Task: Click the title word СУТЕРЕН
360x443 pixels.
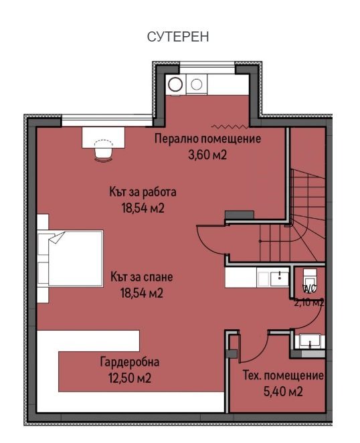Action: (178, 37)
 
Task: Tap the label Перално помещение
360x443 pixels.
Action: (207, 139)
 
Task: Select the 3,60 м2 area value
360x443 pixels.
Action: (207, 155)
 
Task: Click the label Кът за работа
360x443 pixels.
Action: (143, 192)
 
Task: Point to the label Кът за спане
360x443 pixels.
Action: (142, 277)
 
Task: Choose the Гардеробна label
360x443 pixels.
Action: (130, 362)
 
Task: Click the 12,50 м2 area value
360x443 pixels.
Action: (130, 378)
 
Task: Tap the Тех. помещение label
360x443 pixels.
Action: (284, 375)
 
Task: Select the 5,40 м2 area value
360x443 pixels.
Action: (283, 392)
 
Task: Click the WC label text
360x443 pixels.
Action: (309, 288)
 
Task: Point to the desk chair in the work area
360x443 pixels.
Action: (103, 151)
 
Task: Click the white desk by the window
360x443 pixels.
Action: (104, 137)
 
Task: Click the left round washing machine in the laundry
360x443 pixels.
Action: (175, 84)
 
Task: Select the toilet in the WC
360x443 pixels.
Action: (310, 279)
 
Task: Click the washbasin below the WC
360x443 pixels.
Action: (310, 341)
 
